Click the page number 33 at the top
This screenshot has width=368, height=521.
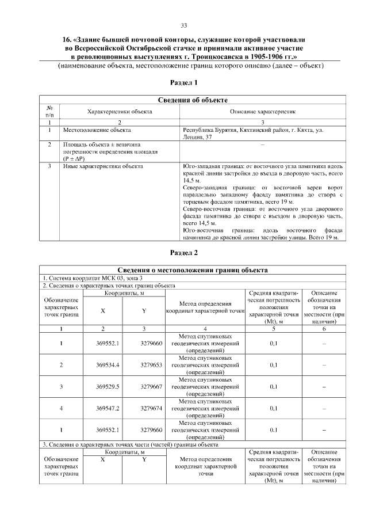(184, 25)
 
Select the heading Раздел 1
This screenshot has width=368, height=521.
(184, 83)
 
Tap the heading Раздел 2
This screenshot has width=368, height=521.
(184, 253)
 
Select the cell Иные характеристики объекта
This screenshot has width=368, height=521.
(103, 166)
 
